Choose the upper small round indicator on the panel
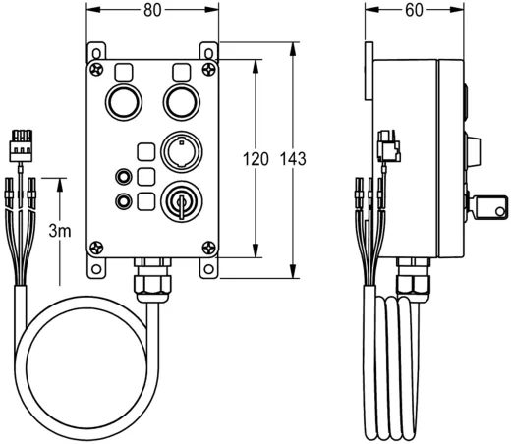coord(124,177)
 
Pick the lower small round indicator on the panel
coord(124,201)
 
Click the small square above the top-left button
coord(125,73)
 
